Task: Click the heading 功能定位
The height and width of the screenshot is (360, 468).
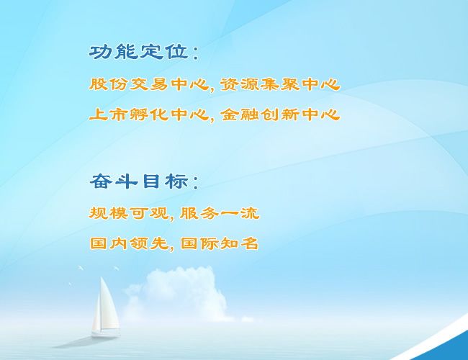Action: pyautogui.click(x=139, y=52)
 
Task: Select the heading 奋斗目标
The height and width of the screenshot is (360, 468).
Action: pyautogui.click(x=139, y=181)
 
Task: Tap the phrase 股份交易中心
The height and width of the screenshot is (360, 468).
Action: pyautogui.click(x=149, y=84)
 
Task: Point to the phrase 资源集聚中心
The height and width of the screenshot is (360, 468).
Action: pyautogui.click(x=280, y=84)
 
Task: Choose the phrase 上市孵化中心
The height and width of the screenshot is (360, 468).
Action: pyautogui.click(x=149, y=114)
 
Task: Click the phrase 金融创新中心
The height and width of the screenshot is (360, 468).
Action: pyautogui.click(x=280, y=114)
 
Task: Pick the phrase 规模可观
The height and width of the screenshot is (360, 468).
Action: pyautogui.click(x=129, y=213)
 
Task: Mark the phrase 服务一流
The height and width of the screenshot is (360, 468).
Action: pyautogui.click(x=220, y=213)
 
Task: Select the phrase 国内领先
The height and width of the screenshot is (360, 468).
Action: pyautogui.click(x=129, y=243)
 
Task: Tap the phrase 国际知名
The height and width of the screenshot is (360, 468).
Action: pyautogui.click(x=220, y=243)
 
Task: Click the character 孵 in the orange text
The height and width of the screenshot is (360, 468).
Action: pyautogui.click(x=138, y=114)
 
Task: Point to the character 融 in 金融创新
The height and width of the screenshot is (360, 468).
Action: pyautogui.click(x=249, y=114)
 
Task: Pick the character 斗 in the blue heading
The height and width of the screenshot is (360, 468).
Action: pyautogui.click(x=126, y=181)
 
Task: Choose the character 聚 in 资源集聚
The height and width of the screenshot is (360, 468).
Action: pyautogui.click(x=289, y=84)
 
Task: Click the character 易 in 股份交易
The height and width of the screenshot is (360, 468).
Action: pyautogui.click(x=158, y=84)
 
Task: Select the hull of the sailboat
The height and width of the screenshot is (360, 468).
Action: pyautogui.click(x=106, y=333)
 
